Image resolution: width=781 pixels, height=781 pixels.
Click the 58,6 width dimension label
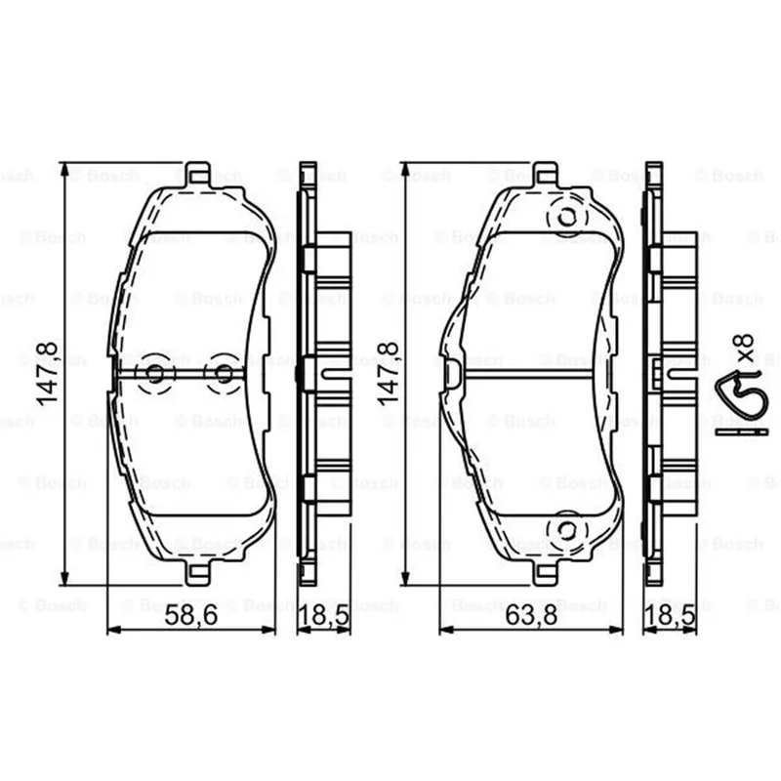(191, 615)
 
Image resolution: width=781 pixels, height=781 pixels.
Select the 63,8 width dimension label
(531, 615)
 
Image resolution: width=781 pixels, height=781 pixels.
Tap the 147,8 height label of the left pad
(48, 374)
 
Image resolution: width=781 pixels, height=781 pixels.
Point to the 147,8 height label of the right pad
(389, 374)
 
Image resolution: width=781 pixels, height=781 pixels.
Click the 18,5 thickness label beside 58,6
(324, 616)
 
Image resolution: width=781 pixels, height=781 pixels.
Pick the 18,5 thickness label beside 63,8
(670, 616)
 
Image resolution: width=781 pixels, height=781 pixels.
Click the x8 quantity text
(745, 348)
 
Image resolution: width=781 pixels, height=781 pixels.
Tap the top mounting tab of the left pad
(198, 174)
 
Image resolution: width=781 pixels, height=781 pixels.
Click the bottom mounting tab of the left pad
(198, 573)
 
